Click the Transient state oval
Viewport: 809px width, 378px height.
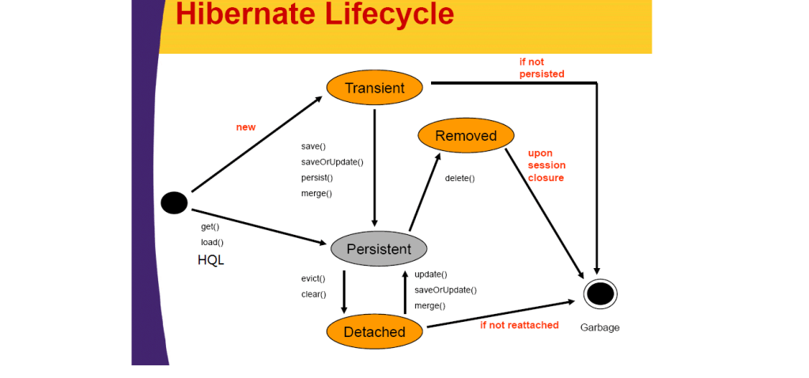point(375,88)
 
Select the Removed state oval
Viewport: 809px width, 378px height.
point(466,135)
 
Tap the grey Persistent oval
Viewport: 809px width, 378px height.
point(379,249)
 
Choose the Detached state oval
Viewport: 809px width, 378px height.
point(375,332)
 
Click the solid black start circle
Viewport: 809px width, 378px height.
point(174,203)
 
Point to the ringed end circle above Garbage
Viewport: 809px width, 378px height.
point(600,294)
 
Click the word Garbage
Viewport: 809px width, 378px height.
point(599,327)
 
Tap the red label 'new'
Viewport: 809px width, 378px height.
point(246,127)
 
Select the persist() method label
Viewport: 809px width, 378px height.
point(317,178)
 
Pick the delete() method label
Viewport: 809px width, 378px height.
point(459,178)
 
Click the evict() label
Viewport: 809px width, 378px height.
point(314,278)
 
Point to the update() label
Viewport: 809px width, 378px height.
point(431,274)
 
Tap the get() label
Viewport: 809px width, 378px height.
point(210,227)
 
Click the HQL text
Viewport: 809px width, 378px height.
point(211,259)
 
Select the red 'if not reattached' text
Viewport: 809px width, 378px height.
point(520,325)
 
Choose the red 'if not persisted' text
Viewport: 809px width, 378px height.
point(542,68)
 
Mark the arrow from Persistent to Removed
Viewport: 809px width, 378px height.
point(424,191)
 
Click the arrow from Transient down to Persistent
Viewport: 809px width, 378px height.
point(374,166)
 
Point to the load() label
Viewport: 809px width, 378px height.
point(212,242)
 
